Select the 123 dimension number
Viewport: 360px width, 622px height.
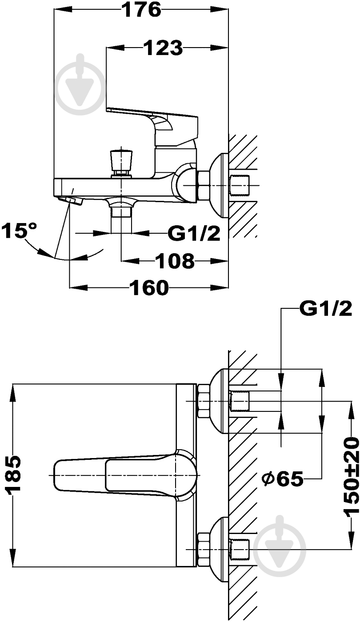point(164,48)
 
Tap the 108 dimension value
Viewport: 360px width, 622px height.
point(175,261)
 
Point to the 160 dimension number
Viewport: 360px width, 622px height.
point(149,287)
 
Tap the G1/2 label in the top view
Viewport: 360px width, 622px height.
point(194,234)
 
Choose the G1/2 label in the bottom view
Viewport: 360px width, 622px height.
point(325,309)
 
